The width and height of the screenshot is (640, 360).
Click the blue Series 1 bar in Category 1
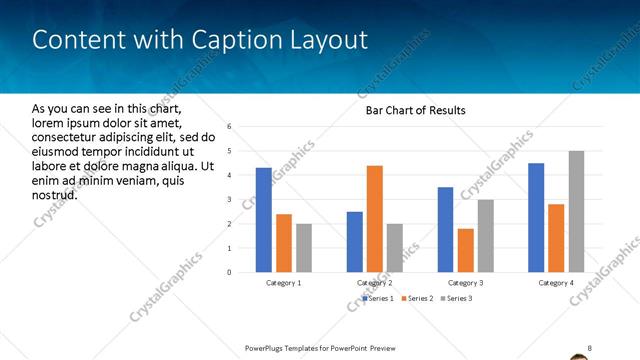(264, 220)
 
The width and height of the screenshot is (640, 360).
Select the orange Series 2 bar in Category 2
(375, 218)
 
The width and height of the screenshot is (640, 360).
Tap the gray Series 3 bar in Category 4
(576, 211)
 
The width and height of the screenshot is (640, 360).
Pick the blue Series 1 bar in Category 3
(445, 229)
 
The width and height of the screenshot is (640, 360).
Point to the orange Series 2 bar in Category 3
(465, 250)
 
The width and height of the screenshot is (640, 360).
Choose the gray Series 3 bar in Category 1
(304, 248)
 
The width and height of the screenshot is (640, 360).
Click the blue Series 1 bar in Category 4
(536, 217)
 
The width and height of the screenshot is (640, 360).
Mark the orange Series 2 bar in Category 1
(284, 243)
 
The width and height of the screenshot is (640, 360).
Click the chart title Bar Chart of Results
(415, 110)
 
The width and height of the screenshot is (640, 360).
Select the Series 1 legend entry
(378, 298)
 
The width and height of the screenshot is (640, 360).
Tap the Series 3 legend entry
(456, 298)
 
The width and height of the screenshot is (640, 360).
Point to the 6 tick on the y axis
(230, 127)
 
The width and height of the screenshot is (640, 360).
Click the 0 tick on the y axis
(230, 272)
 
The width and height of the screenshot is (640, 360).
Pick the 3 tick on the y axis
(230, 200)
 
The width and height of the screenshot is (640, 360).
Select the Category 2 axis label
(374, 283)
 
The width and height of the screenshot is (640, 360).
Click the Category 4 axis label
(556, 283)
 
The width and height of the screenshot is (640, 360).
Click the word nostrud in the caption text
(55, 194)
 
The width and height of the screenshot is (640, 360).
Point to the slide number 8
(589, 348)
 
